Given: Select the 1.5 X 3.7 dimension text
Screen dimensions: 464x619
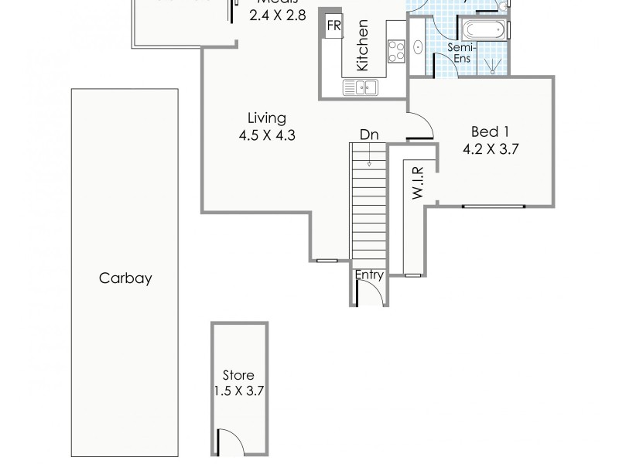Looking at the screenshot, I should [x=239, y=391].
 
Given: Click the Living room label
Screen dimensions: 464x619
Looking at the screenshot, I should [x=267, y=118].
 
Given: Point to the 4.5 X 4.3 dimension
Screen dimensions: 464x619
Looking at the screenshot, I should [x=267, y=135].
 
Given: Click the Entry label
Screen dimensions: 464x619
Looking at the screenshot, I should [x=369, y=275].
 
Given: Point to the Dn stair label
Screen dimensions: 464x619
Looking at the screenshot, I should [x=369, y=135].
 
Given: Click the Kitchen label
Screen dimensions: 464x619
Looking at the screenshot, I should [x=362, y=56].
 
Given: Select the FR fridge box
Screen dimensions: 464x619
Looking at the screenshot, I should [x=334, y=26].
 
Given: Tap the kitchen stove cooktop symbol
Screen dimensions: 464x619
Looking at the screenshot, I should [x=396, y=52].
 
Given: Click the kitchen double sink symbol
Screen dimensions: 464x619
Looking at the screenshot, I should [x=361, y=87].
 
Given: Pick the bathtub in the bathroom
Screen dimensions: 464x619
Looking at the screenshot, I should [x=484, y=32].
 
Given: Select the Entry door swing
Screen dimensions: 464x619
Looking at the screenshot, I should [x=368, y=293].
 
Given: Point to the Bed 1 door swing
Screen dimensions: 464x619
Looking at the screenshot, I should [x=421, y=126].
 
